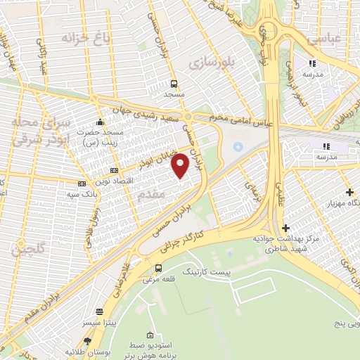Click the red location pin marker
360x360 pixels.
click(181, 165)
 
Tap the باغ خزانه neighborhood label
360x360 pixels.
click(78, 37)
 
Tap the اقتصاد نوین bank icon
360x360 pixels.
click(115, 170)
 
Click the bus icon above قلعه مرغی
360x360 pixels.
click(158, 268)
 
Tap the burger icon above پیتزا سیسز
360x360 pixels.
click(99, 311)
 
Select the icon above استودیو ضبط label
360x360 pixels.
click(149, 335)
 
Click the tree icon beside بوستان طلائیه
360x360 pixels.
click(101, 349)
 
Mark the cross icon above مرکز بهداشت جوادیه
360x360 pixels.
click(285, 228)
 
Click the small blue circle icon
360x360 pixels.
click(237, 147)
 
